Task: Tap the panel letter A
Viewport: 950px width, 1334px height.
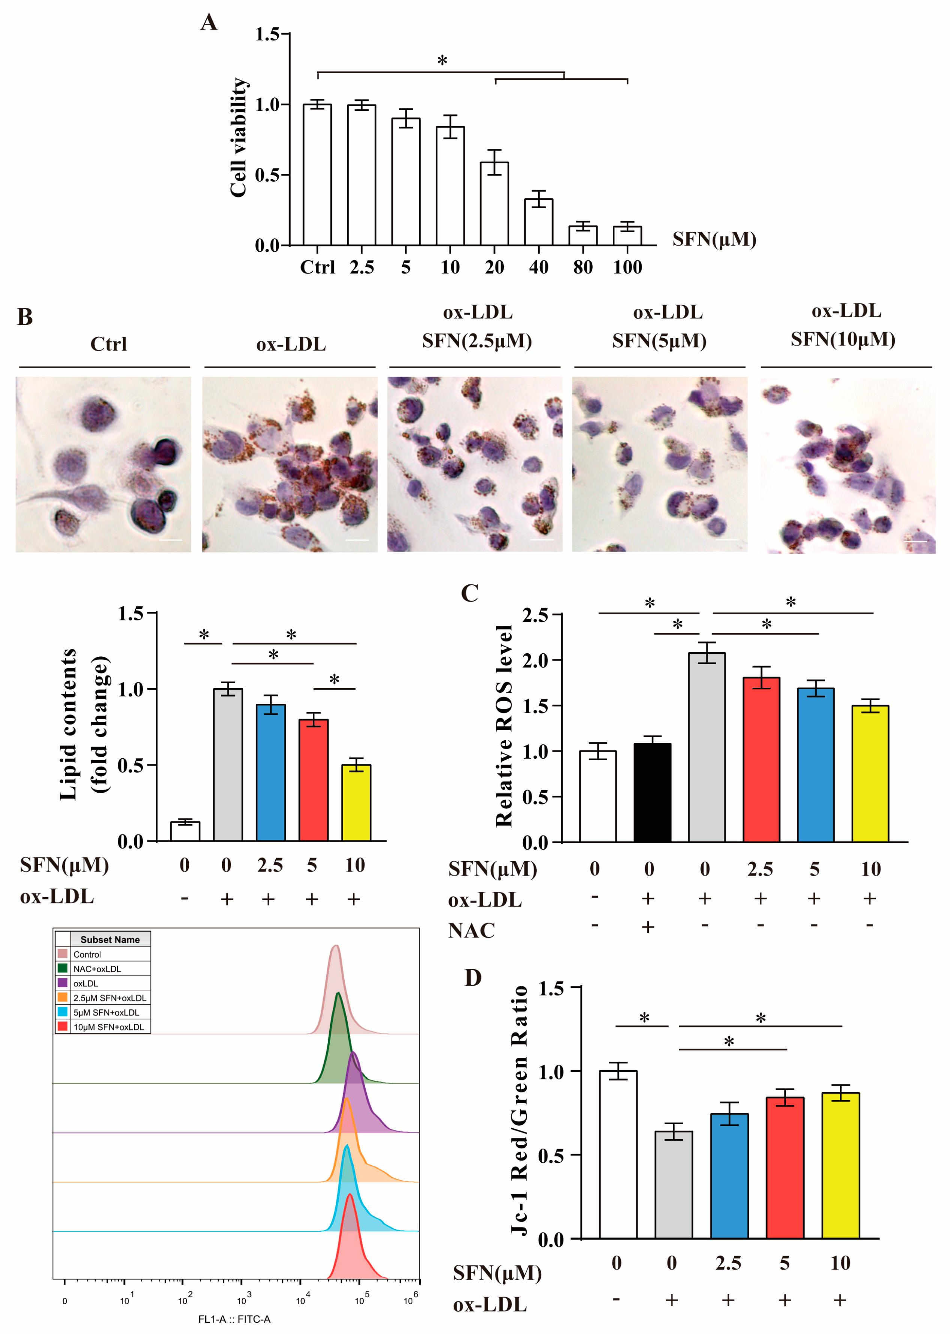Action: pos(209,23)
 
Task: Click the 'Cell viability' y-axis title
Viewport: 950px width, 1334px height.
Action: pos(238,137)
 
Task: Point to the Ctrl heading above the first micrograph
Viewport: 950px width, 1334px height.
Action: pos(108,344)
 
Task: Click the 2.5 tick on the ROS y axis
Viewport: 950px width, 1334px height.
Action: pos(535,615)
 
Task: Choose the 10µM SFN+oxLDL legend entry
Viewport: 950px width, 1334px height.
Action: pos(108,1027)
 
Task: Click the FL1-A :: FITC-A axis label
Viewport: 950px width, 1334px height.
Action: pos(234,1319)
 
